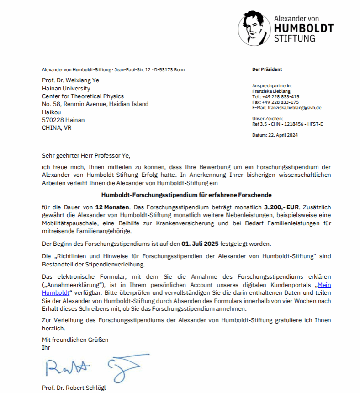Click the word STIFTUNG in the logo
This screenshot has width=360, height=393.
294,38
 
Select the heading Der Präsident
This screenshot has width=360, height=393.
267,69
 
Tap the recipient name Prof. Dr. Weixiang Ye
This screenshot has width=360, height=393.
70,80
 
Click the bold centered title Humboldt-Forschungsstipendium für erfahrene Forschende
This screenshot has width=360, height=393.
186,195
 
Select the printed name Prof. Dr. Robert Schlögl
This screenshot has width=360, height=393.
73,388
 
